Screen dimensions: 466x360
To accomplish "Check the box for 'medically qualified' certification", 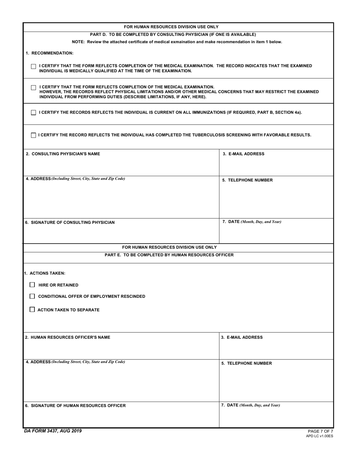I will pyautogui.click(x=33, y=67).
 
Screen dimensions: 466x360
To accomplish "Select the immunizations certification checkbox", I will pyautogui.click(x=33, y=113).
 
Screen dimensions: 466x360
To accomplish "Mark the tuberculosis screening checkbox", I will pyautogui.click(x=33, y=135).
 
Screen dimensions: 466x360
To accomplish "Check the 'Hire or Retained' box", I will pyautogui.click(x=32, y=285).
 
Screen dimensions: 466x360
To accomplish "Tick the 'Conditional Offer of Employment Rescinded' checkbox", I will pyautogui.click(x=32, y=296).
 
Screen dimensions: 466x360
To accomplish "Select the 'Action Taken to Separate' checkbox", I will pyautogui.click(x=32, y=310).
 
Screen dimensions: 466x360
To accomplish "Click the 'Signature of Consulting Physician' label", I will pyautogui.click(x=70, y=222).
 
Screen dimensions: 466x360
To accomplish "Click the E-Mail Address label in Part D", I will pyautogui.click(x=243, y=154).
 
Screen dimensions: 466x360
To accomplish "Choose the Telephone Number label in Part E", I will pyautogui.click(x=247, y=363).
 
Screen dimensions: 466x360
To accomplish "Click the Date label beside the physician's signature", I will pyautogui.click(x=252, y=222).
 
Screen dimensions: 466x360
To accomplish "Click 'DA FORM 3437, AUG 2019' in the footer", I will pyautogui.click(x=52, y=431).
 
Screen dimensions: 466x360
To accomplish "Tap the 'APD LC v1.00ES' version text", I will pyautogui.click(x=319, y=436).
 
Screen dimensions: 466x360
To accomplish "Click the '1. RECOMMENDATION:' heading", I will pyautogui.click(x=49, y=53).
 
